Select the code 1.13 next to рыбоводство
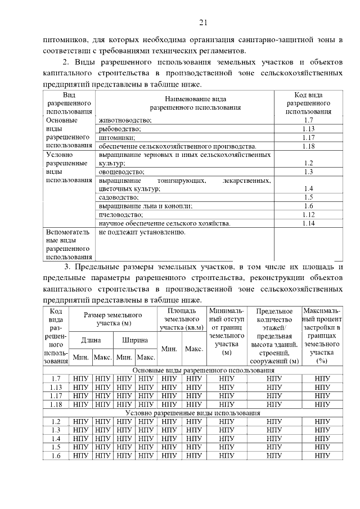point(308,129)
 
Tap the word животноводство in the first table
point(125,120)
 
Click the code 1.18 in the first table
point(308,146)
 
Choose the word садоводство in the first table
point(118,197)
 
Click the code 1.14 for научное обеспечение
point(308,223)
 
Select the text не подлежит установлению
point(142,232)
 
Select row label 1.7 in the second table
point(56,379)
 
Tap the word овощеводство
point(121,172)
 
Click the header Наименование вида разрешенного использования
point(184,102)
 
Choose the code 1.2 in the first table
point(308,163)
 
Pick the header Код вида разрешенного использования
point(308,103)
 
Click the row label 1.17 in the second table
point(56,395)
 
